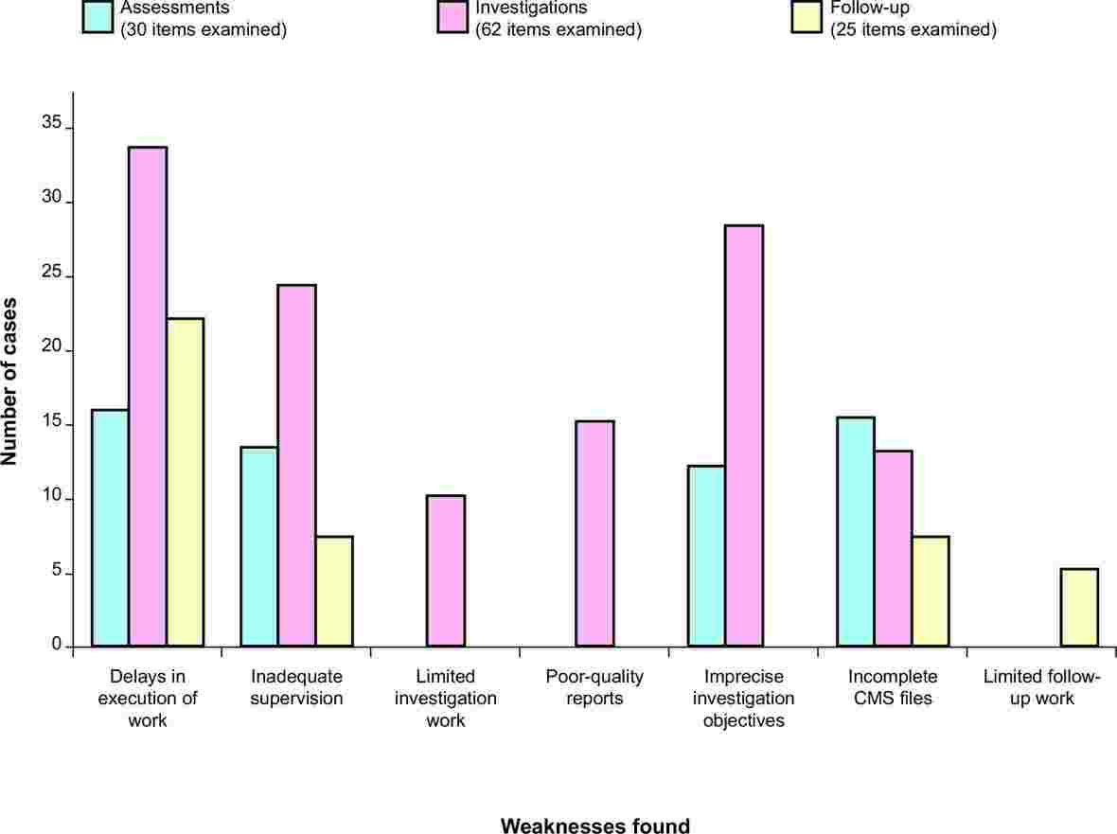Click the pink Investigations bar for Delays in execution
click(148, 397)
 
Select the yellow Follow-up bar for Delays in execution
click(185, 483)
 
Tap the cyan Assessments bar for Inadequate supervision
click(259, 547)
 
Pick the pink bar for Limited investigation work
click(446, 571)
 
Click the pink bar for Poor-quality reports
click(594, 534)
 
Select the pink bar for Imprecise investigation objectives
click(744, 436)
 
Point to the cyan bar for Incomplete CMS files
click(856, 532)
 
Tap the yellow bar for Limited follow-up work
click(1079, 608)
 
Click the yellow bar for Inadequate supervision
click(334, 592)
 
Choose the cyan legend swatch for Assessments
click(98, 16)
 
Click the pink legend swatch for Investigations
click(453, 16)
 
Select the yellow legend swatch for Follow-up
click(808, 16)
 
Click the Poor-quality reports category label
click(594, 688)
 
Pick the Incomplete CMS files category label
click(893, 688)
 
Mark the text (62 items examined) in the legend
click(558, 29)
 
